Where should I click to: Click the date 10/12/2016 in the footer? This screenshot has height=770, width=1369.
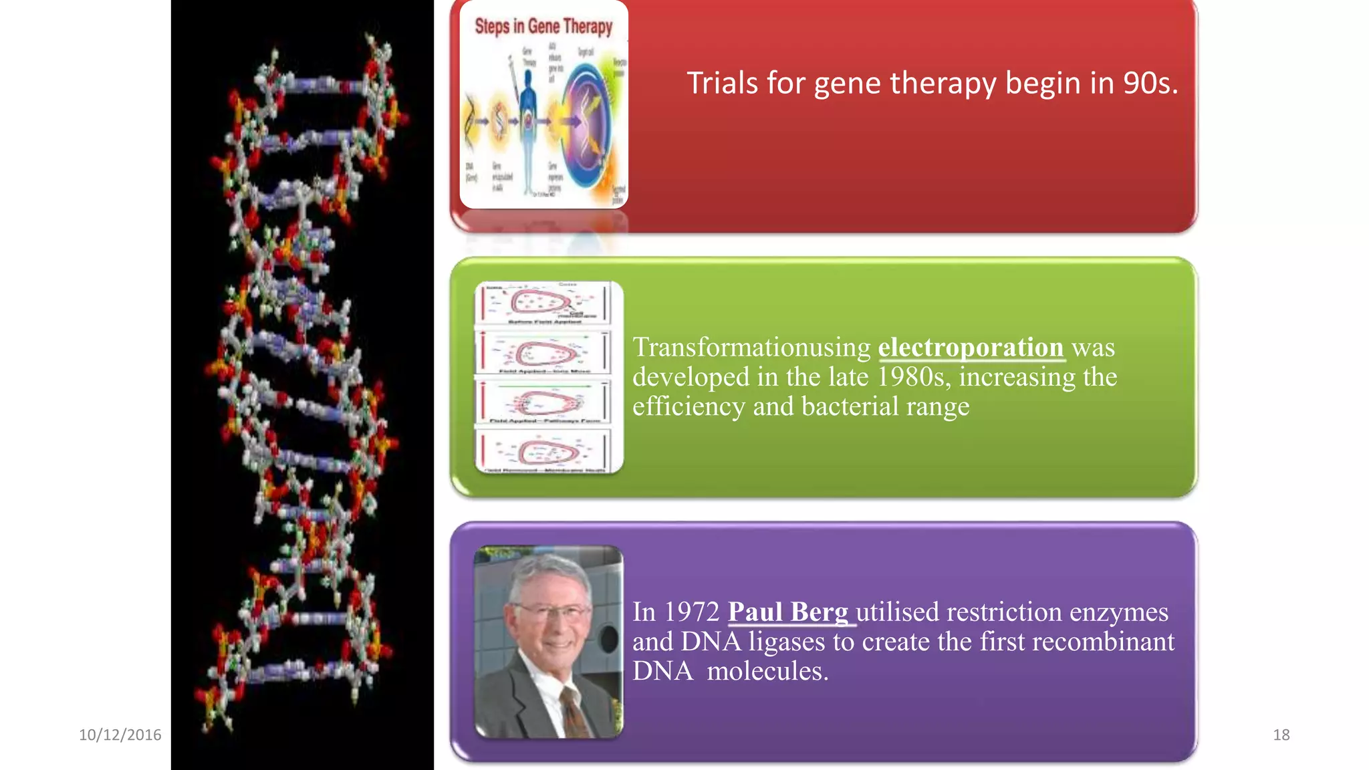pos(120,735)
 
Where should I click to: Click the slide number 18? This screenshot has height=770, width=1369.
pos(1281,735)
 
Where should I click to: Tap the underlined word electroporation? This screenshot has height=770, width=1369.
pos(971,348)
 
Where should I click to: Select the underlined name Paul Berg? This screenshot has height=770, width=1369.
pos(788,612)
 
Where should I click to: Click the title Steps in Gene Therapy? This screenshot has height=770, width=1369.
pos(543,26)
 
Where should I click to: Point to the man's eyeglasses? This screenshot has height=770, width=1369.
pos(551,611)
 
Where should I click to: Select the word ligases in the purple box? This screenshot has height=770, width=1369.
pos(787,642)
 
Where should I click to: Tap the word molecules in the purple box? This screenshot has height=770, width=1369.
pos(767,671)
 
